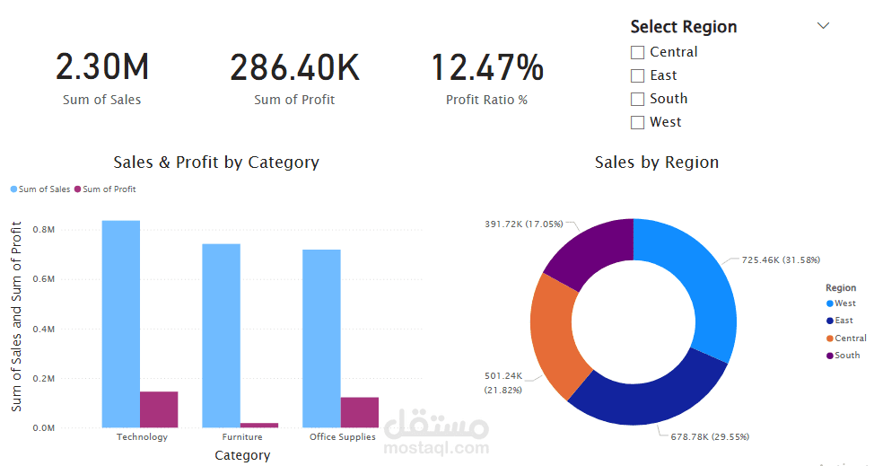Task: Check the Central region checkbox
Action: [637, 52]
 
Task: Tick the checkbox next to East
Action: [637, 75]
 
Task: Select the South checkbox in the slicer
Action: [637, 100]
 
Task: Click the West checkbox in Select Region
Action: [637, 123]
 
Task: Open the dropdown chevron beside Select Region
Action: [823, 26]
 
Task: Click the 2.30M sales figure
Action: [102, 66]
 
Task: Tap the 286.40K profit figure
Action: [294, 66]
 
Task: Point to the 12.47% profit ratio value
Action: [487, 66]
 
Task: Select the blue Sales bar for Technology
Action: [121, 324]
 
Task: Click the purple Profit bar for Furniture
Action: [259, 426]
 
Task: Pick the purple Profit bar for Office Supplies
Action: [360, 412]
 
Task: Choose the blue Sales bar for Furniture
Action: [222, 336]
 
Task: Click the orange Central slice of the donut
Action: [555, 334]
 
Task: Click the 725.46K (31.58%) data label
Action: [781, 259]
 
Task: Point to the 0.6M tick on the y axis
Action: [43, 279]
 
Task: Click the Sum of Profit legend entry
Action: [105, 189]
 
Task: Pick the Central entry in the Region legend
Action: [846, 339]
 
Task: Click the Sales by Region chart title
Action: [657, 163]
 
